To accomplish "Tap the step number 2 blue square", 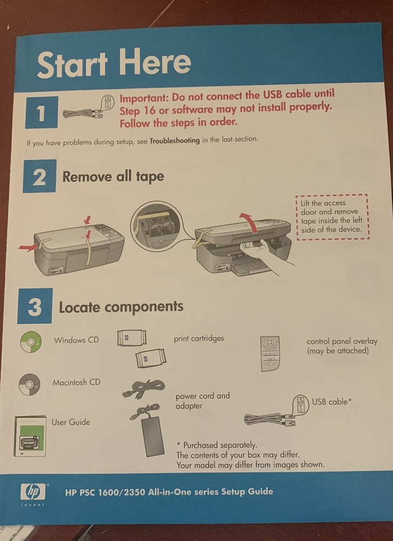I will (x=39, y=176).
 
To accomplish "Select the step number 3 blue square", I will (x=35, y=307).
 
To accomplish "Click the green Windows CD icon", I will (x=30, y=341).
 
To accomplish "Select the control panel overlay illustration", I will (x=271, y=353).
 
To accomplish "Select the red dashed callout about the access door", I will (x=331, y=216).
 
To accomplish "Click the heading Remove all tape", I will (x=113, y=176).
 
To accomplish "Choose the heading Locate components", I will (x=121, y=307).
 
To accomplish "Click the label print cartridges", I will (x=198, y=339).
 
